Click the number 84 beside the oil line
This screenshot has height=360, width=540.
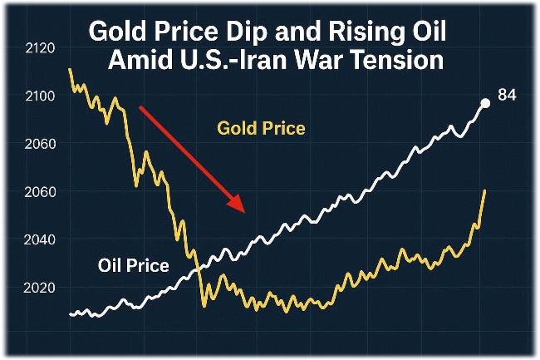(x=507, y=96)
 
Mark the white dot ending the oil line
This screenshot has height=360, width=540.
(x=485, y=104)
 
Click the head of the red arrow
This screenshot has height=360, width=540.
(x=240, y=208)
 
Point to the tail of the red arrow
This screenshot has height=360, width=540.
(x=141, y=108)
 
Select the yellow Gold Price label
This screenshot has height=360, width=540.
(x=261, y=129)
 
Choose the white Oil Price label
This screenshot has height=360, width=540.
(x=134, y=266)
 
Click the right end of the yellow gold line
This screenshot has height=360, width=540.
(x=485, y=191)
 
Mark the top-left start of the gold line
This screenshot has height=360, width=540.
(x=71, y=69)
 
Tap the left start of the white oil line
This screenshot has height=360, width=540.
(x=71, y=314)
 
